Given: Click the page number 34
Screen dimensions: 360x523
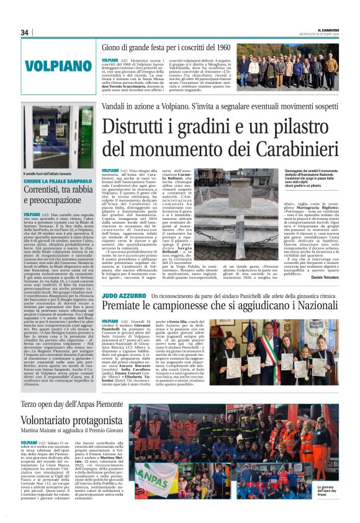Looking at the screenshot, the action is tap(25, 32).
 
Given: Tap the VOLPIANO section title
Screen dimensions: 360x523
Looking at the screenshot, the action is tap(58, 65).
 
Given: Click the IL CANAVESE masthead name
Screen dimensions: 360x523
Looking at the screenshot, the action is tap(323, 29).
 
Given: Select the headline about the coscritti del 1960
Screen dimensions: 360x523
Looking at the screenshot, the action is tap(166, 47).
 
